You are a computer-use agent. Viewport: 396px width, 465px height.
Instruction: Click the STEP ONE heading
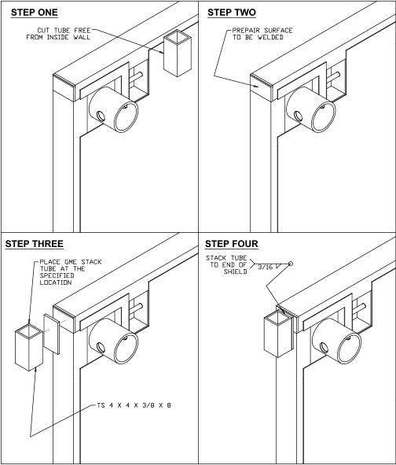click(35, 13)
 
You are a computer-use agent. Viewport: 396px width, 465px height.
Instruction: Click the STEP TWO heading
click(232, 13)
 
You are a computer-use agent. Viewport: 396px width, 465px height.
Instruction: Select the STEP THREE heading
click(35, 244)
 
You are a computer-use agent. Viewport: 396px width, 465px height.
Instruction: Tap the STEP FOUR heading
click(232, 244)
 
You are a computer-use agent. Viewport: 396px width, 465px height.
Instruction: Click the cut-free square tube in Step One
click(177, 53)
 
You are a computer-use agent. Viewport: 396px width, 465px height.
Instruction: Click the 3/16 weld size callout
click(265, 267)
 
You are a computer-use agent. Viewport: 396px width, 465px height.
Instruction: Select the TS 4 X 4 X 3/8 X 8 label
click(134, 405)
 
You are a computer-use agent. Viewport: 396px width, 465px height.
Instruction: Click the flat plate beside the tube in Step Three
click(52, 334)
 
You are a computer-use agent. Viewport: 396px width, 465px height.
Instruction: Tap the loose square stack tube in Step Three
click(29, 347)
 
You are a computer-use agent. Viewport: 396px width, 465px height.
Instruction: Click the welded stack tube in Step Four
click(278, 334)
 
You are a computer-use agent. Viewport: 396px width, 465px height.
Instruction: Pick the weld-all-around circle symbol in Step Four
click(291, 264)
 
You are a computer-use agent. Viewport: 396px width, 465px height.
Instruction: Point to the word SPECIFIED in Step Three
click(57, 275)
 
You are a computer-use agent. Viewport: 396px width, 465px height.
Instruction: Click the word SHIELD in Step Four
click(235, 271)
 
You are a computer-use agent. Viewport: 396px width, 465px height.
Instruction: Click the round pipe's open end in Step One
click(126, 116)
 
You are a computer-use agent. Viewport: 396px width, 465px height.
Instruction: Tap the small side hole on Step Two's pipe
click(298, 116)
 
